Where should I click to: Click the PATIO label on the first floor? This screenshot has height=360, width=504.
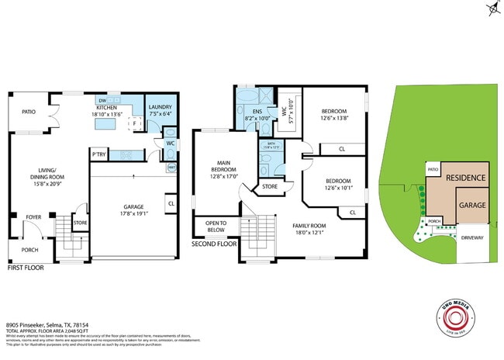pos(29,112)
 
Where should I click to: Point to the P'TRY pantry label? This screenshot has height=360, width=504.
pos(98,155)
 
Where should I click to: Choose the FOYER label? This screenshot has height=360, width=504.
pos(33,217)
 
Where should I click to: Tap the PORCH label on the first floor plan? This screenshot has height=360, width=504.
pos(29,251)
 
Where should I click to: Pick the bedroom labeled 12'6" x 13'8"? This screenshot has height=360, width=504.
pos(334,113)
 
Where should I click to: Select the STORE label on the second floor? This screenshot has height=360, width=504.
pos(270,186)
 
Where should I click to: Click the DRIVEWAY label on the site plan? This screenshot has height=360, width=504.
pos(471,237)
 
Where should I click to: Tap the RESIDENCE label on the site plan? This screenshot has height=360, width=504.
pos(465,178)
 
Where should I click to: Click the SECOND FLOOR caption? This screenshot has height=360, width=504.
pos(214,244)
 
